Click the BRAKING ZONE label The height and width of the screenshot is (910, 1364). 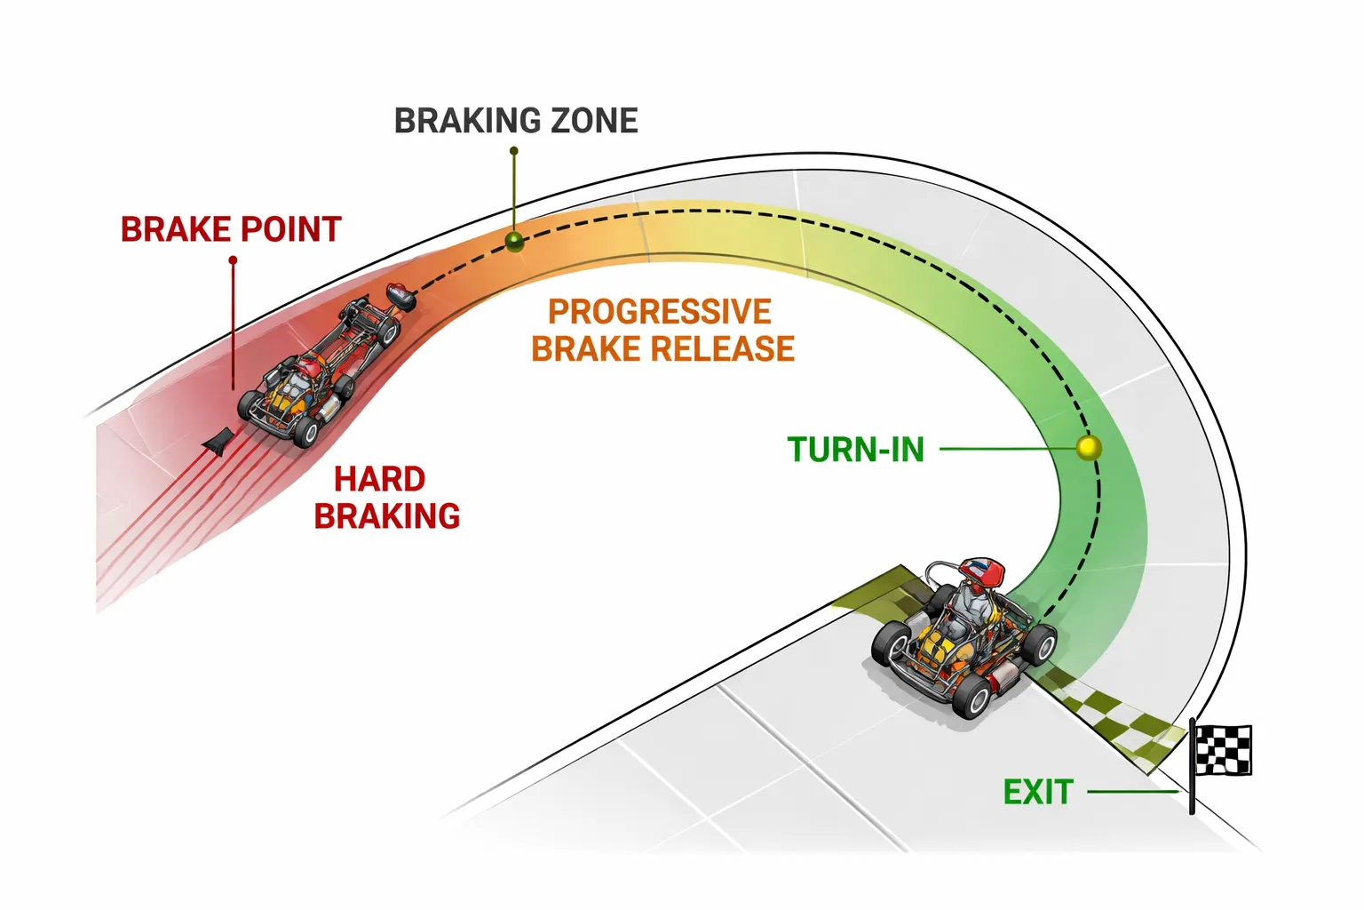516,121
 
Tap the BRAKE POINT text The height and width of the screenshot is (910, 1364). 231,229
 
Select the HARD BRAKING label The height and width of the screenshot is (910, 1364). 386,498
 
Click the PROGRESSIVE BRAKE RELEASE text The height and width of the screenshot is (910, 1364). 662,331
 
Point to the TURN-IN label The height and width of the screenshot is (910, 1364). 856,450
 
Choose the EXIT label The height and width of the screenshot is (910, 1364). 1038,792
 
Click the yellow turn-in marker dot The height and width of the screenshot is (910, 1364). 1089,448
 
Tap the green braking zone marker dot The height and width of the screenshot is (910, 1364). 514,241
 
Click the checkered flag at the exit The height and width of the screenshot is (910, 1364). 1225,749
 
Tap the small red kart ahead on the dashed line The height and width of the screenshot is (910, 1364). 400,295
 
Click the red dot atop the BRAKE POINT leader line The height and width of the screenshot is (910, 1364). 233,260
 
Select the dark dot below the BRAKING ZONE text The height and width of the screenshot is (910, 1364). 514,151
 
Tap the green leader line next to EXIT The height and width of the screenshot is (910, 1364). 1133,791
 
